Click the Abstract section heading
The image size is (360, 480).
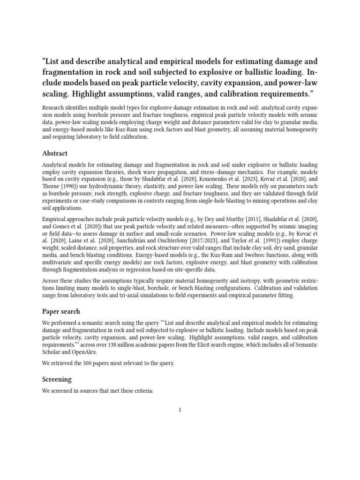(x=55, y=153)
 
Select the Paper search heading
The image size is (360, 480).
(x=61, y=311)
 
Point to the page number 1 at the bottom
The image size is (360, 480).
(x=180, y=410)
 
